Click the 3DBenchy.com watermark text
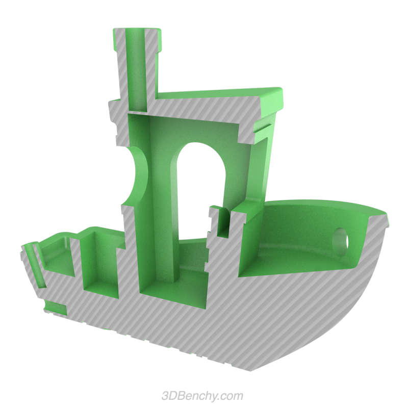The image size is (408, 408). pyautogui.click(x=202, y=396)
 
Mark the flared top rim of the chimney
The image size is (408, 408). pyautogui.click(x=137, y=32)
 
